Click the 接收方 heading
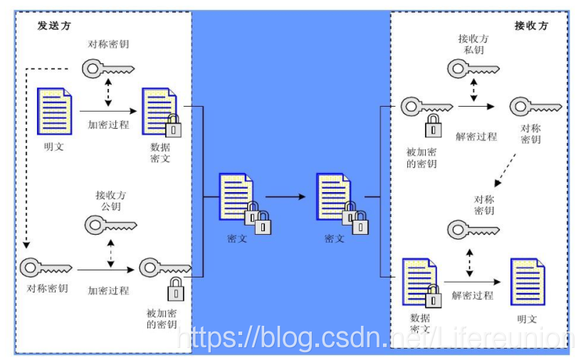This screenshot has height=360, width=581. click(x=531, y=26)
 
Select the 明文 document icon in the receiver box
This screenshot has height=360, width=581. click(x=528, y=282)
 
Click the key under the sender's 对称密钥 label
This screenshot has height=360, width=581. click(x=108, y=68)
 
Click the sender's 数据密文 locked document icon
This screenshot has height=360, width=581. click(x=161, y=111)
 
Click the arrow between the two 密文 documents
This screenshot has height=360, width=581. click(x=289, y=196)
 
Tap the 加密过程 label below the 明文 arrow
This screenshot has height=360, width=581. click(x=109, y=125)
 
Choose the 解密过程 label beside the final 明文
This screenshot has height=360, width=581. click(x=472, y=295)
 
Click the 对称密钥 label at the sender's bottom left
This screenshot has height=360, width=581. click(x=48, y=289)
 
